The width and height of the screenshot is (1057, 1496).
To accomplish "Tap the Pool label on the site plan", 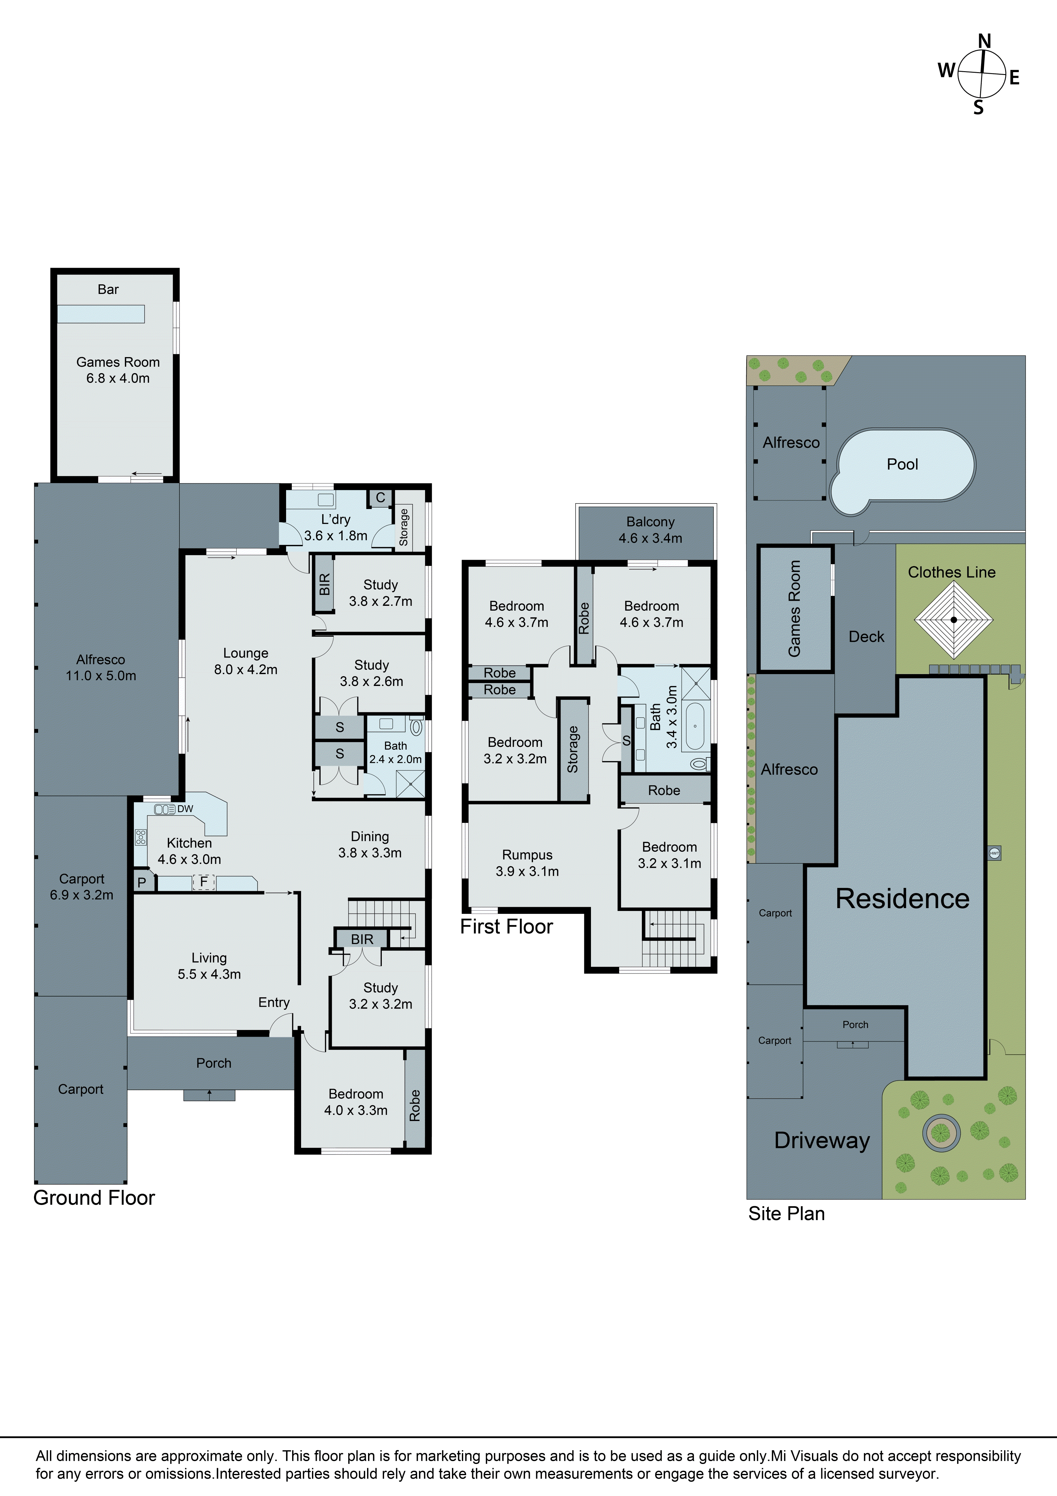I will [902, 464].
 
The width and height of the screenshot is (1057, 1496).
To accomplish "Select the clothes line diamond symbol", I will [954, 620].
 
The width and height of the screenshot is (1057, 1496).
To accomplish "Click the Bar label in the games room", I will [108, 289].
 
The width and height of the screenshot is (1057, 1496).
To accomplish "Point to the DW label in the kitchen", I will [185, 809].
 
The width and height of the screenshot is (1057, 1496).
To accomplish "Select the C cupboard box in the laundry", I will [380, 498].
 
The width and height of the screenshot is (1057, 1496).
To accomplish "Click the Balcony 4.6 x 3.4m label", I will [650, 530].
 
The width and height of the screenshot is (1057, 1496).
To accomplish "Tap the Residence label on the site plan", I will [902, 898].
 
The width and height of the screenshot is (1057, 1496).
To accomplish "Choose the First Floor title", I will [506, 926].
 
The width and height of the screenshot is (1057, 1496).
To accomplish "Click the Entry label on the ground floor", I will [274, 1002].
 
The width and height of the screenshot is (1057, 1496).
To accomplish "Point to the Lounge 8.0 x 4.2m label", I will [246, 661].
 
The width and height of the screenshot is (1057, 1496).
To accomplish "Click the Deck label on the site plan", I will [866, 637].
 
